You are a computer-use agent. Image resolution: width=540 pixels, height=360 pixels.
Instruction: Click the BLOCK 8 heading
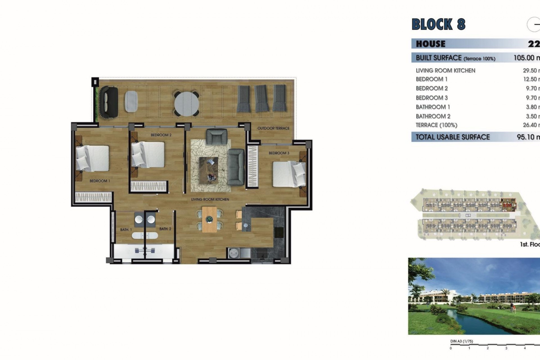point(438,24)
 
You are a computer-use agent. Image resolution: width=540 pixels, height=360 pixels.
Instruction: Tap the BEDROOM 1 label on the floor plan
point(100,181)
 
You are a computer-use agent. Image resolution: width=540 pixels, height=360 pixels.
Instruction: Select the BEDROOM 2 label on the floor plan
point(161,135)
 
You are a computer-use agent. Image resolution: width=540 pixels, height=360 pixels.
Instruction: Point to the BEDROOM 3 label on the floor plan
point(279,153)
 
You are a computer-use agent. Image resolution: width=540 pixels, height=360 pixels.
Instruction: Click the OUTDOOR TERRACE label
point(273,128)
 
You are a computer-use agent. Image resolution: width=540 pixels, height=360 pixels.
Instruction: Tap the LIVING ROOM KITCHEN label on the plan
point(210,199)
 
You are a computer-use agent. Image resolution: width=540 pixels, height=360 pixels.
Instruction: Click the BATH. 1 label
point(126,230)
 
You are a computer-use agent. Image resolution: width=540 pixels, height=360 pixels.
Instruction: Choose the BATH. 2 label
point(165,229)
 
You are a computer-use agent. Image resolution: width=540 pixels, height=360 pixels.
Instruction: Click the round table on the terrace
point(186,103)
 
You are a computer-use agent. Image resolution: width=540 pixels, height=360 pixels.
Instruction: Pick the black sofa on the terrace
point(109,102)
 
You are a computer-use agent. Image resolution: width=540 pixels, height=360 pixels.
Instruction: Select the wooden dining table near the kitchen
point(209,219)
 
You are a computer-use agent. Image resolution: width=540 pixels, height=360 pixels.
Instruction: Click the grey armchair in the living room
point(217,137)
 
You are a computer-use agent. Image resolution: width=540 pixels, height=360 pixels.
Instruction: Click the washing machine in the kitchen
point(233,253)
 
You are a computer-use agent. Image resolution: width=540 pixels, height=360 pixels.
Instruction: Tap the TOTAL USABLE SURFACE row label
point(453,137)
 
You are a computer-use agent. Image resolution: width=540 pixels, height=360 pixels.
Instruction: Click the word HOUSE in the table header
point(431,44)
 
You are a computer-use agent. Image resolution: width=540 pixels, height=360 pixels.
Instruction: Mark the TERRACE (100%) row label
point(436,125)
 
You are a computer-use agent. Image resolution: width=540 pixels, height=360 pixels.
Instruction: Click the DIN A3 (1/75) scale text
point(462,341)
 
